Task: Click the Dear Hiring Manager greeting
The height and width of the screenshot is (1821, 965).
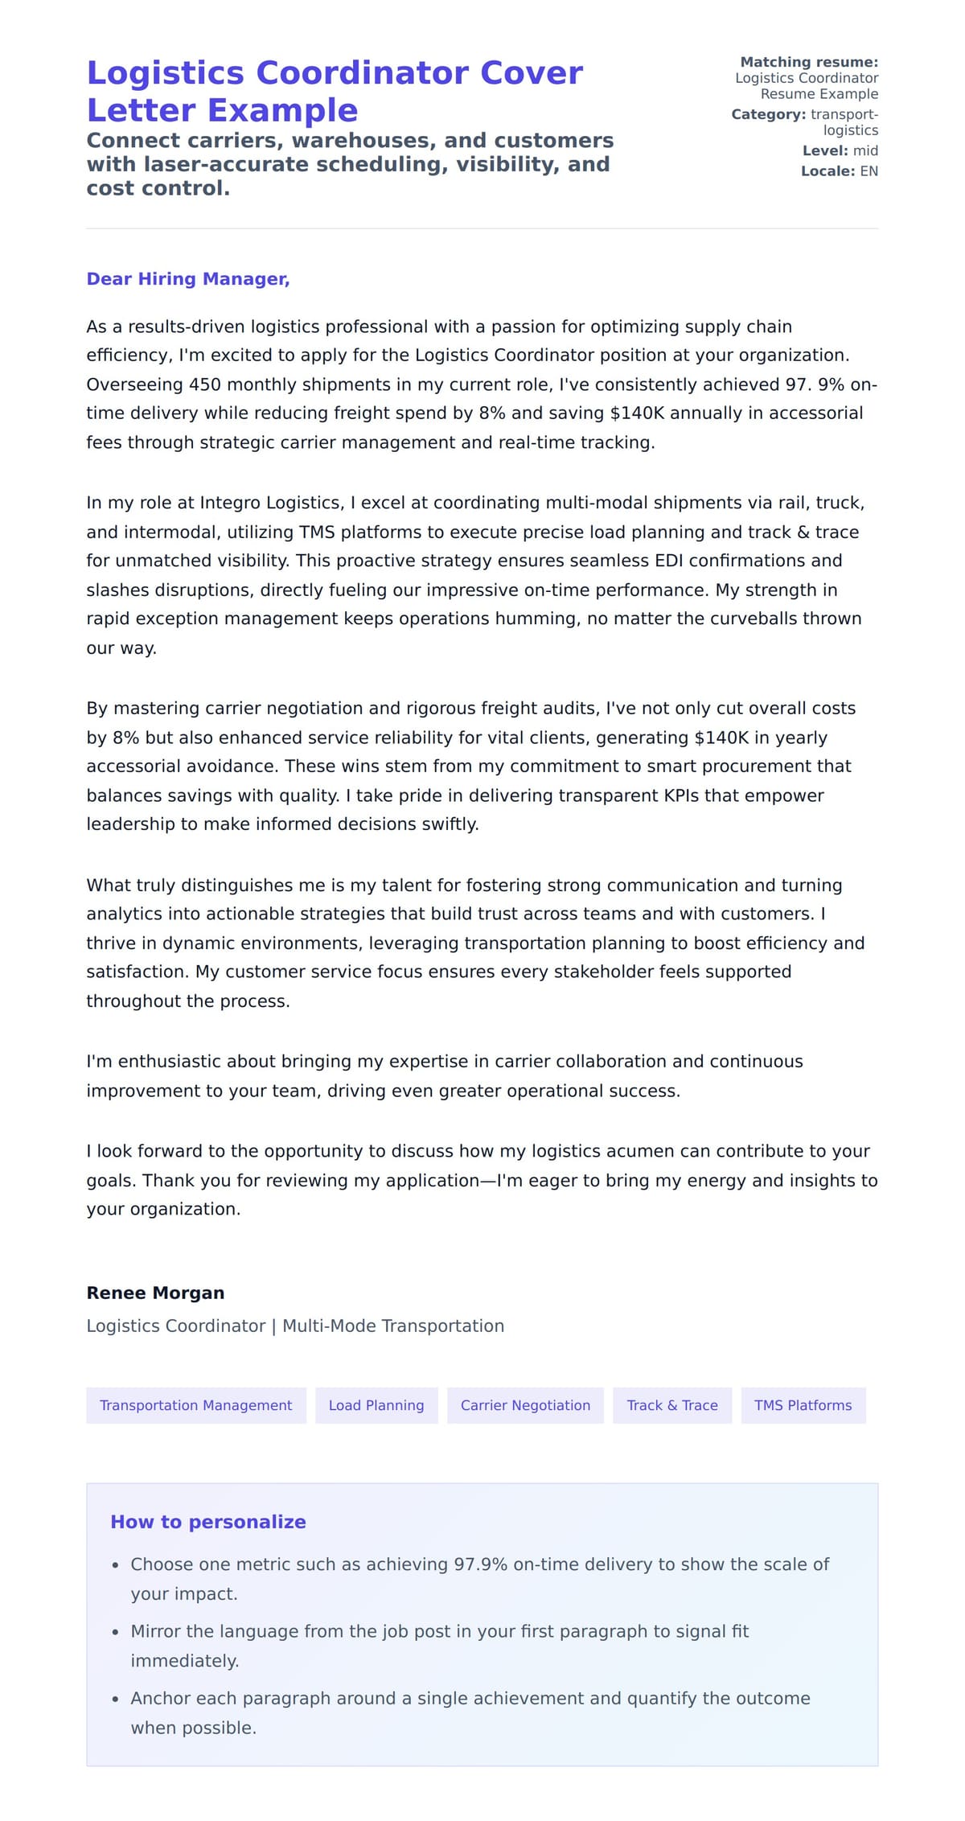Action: (x=187, y=279)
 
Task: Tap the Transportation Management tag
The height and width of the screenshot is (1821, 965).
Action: (x=196, y=1405)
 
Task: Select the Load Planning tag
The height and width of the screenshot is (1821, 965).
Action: (x=376, y=1405)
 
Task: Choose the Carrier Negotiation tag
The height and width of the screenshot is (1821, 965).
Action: (x=525, y=1405)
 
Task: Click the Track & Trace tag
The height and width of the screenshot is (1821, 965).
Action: (x=672, y=1405)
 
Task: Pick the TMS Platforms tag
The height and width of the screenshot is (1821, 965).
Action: (x=803, y=1405)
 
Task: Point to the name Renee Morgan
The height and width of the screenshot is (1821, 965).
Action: (x=155, y=1293)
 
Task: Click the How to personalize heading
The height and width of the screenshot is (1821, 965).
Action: (x=208, y=1522)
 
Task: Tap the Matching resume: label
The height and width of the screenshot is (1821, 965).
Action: (x=809, y=62)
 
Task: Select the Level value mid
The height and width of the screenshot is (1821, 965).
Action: (x=865, y=150)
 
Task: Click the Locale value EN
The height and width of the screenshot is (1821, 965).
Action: (x=868, y=171)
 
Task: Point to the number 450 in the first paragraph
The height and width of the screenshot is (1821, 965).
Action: (x=205, y=384)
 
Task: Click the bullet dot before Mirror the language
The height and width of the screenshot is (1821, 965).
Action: (x=115, y=1633)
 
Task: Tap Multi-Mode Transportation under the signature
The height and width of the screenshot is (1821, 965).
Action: (x=393, y=1326)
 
